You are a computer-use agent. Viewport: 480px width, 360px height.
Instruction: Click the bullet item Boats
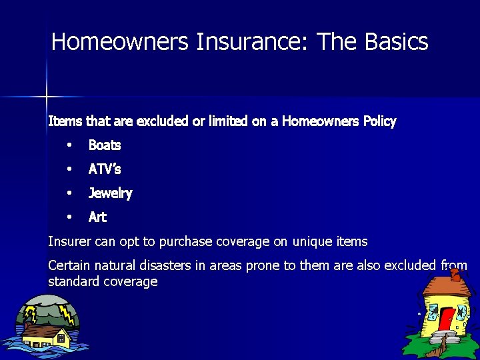tap(105, 145)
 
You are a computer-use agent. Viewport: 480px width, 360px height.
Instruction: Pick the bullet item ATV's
tap(105, 169)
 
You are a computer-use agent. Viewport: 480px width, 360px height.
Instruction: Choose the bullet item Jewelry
tap(111, 193)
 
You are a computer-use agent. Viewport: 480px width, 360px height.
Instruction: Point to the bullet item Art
tap(97, 217)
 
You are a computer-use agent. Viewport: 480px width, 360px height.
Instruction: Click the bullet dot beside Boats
tap(69, 145)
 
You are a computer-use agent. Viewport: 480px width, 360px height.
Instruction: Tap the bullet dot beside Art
tap(69, 217)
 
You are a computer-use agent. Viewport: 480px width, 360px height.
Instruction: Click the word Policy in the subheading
tap(379, 121)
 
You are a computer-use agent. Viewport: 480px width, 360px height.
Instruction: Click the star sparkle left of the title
tap(47, 97)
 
